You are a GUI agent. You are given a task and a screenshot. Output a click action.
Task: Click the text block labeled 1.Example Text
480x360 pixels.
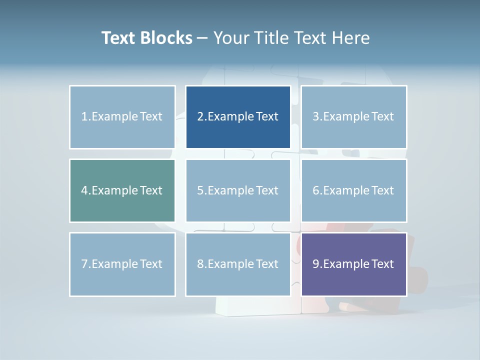coord(122,117)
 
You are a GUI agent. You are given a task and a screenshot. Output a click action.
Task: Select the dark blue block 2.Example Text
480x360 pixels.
coord(238,117)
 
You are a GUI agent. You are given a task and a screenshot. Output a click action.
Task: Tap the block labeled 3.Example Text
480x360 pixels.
coord(353,117)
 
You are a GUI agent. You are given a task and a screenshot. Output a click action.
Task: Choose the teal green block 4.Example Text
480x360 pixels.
coord(122,190)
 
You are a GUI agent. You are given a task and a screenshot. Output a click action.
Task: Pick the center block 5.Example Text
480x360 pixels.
coord(238,190)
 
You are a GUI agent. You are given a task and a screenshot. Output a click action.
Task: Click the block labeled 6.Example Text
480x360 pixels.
coord(353,190)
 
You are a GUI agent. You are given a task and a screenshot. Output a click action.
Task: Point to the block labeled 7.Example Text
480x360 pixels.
coord(122,264)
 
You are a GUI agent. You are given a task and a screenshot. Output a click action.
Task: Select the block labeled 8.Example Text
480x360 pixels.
coord(238,264)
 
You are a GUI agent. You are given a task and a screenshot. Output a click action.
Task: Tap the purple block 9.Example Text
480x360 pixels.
coord(353,264)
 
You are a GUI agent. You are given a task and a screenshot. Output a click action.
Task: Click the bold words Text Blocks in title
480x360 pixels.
coord(147,38)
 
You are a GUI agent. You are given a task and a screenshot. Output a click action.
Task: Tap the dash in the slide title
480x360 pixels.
coord(202,38)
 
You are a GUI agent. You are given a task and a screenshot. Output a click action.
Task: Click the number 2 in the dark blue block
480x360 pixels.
coord(200,117)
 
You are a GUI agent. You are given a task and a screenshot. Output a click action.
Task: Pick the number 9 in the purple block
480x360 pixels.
coord(315,264)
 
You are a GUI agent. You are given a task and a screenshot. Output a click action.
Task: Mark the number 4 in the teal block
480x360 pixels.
coord(84,190)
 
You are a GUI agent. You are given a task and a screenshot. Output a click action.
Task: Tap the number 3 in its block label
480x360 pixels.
coord(315,117)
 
